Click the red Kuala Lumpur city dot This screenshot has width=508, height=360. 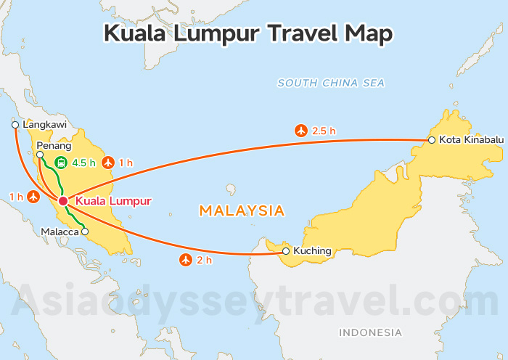coord(63,200)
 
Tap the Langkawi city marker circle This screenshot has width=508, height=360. coord(15,125)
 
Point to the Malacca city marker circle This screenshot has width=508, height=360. coord(85,232)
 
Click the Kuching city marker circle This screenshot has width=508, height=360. coord(286,251)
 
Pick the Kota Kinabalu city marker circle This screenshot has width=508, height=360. coord(431,139)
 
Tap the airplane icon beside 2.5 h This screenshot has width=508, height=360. coord(300,131)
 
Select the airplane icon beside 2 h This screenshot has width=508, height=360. coord(185,260)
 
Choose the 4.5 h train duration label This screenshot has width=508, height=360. coord(83,163)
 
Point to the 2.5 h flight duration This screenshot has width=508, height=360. coord(324,131)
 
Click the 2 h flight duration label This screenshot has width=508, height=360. coord(204,260)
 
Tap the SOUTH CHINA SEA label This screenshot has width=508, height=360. coord(331,83)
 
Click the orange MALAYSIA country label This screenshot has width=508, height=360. coord(241,211)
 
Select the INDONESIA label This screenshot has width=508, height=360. coord(370,332)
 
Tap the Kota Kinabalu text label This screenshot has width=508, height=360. coord(469,139)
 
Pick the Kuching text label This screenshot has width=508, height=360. coord(312,251)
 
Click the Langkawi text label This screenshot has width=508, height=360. coord(45,125)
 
